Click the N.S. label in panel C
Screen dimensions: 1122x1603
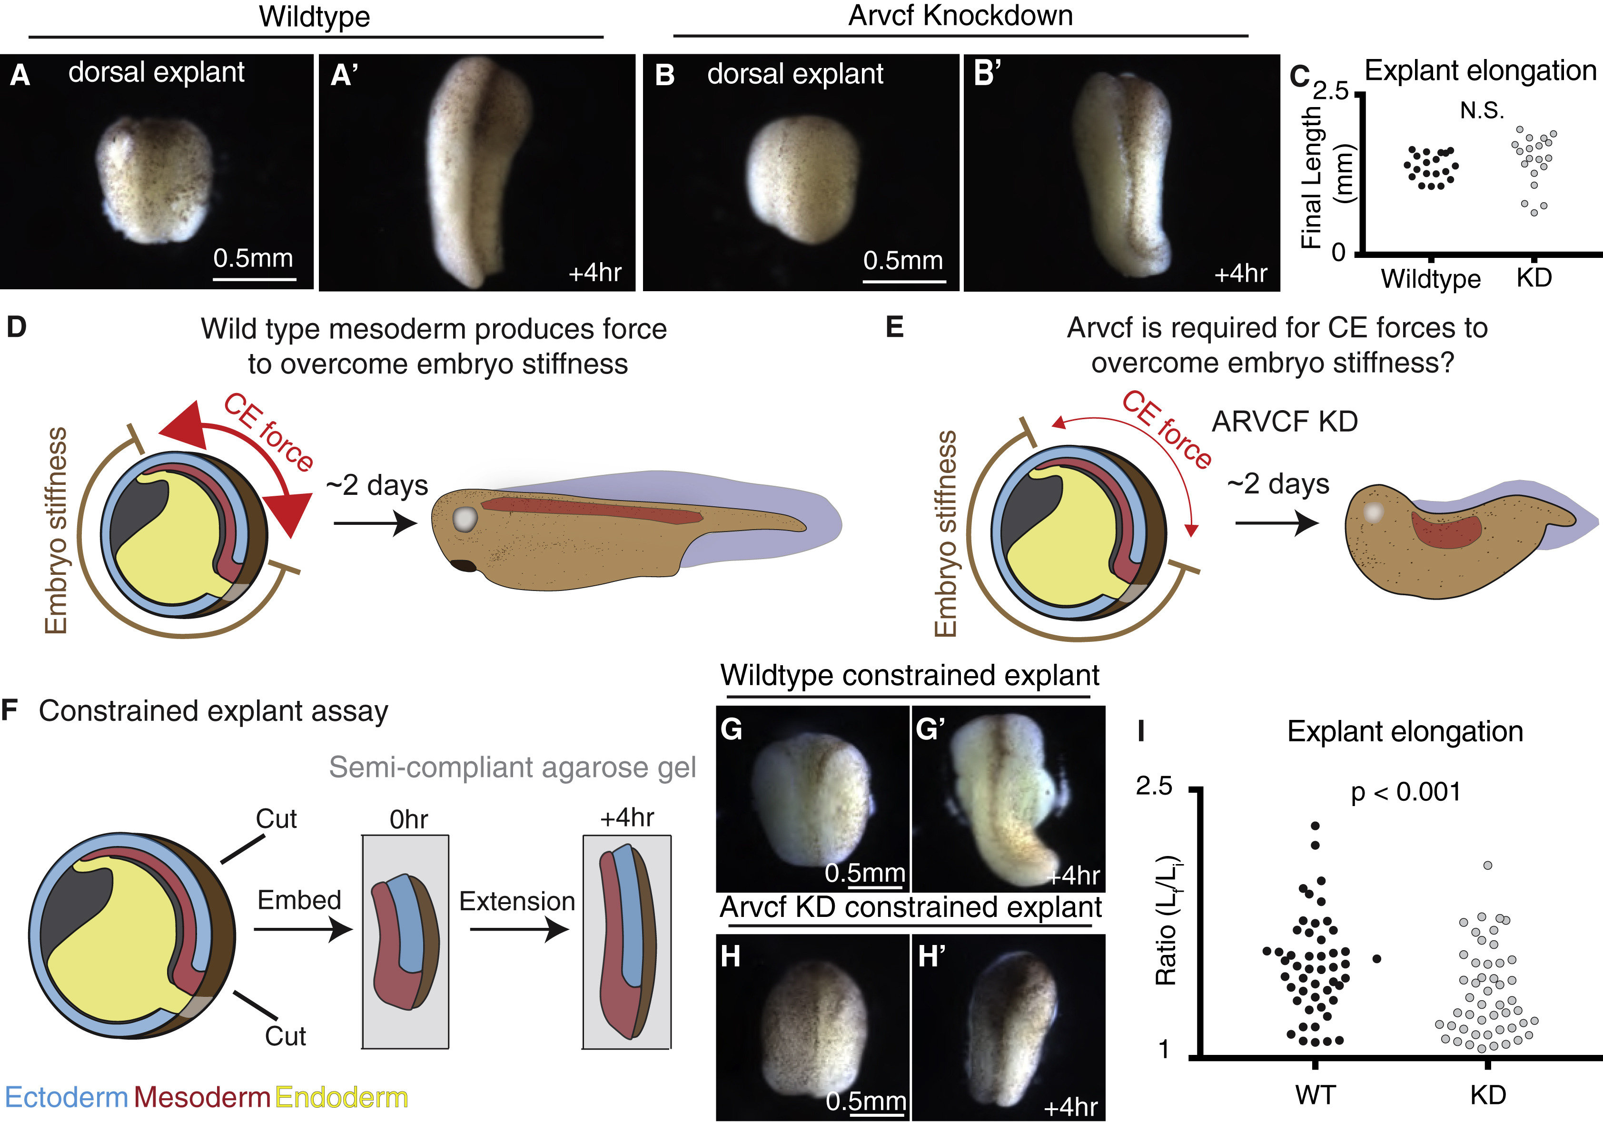[x=1482, y=110]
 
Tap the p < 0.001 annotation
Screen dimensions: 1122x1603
[x=1405, y=792]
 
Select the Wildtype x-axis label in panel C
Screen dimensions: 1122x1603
[x=1431, y=278]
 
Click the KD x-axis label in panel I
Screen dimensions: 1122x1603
[x=1488, y=1095]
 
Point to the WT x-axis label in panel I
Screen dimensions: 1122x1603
[x=1316, y=1095]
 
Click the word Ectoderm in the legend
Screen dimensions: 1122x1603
[x=66, y=1098]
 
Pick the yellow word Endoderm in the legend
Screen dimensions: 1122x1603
[x=341, y=1098]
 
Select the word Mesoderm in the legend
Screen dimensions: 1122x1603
[x=202, y=1098]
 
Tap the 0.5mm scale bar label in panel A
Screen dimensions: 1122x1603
[x=253, y=258]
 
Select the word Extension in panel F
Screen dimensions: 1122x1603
[x=517, y=901]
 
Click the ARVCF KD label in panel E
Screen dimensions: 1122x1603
[x=1285, y=421]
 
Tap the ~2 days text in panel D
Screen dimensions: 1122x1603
[x=377, y=484]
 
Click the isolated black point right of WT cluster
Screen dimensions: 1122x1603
[x=1377, y=959]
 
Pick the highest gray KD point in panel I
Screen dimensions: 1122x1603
[x=1488, y=865]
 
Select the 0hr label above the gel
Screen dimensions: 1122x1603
[x=408, y=819]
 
